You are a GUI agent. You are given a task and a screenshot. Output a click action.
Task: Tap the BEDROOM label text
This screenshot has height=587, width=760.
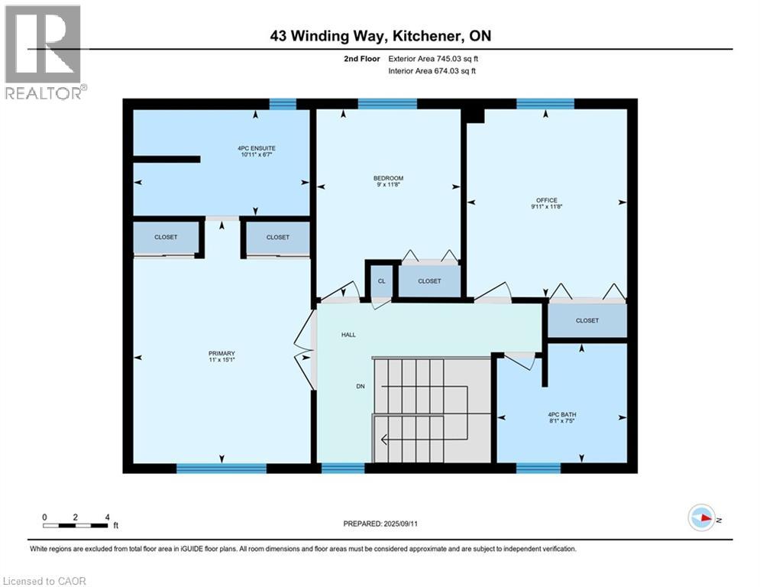[388, 178]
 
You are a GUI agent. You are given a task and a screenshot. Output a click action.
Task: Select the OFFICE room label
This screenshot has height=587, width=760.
[546, 200]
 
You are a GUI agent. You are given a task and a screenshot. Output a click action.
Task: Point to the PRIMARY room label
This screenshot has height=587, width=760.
[222, 353]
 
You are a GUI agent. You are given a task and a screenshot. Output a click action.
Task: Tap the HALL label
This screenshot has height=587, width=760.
[348, 335]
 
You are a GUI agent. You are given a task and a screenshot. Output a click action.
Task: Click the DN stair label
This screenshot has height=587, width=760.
[361, 386]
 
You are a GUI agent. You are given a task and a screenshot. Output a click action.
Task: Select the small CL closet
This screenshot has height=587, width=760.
[380, 281]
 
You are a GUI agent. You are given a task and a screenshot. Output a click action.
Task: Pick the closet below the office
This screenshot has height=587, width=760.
[587, 320]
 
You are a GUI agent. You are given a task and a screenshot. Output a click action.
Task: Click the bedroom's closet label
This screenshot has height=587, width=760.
[429, 281]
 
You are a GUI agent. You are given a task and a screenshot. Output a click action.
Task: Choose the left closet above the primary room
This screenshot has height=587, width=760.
[166, 237]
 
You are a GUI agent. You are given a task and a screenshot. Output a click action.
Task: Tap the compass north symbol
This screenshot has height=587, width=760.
[701, 517]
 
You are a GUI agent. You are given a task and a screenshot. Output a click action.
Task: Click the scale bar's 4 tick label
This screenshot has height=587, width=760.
[107, 517]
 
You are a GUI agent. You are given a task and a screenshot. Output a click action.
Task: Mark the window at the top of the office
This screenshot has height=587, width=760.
[545, 104]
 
